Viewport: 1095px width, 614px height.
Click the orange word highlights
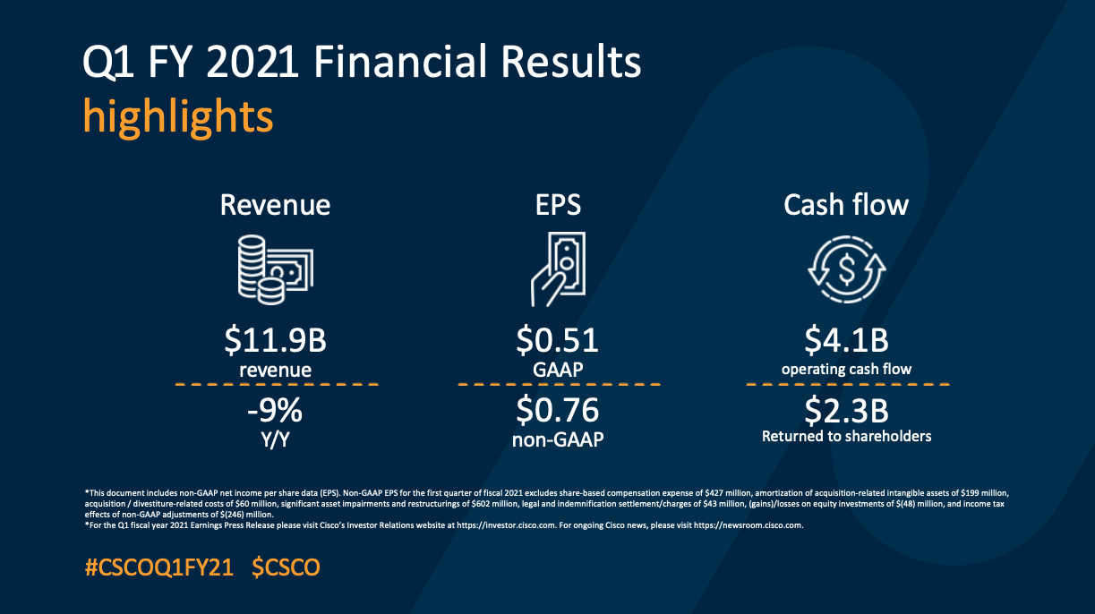coord(177,116)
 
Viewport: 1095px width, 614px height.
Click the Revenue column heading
coord(275,205)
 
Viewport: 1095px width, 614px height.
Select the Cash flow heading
coord(846,205)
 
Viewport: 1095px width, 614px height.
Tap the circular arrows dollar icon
coord(846,267)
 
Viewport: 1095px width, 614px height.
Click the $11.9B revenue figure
coord(276,341)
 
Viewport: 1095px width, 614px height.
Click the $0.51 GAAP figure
coord(558,341)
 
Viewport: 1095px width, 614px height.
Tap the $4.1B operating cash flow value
coord(846,341)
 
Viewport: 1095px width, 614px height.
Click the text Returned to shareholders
coord(846,437)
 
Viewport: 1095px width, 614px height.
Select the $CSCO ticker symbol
coord(286,567)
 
